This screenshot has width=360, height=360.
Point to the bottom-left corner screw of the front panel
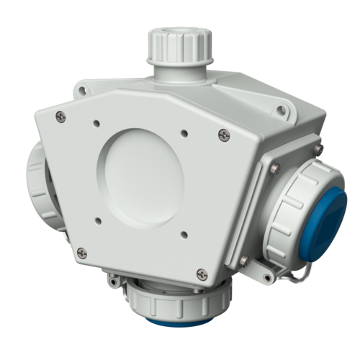coord(81,251)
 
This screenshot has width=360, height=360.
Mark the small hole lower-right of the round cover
coord(186,232)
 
